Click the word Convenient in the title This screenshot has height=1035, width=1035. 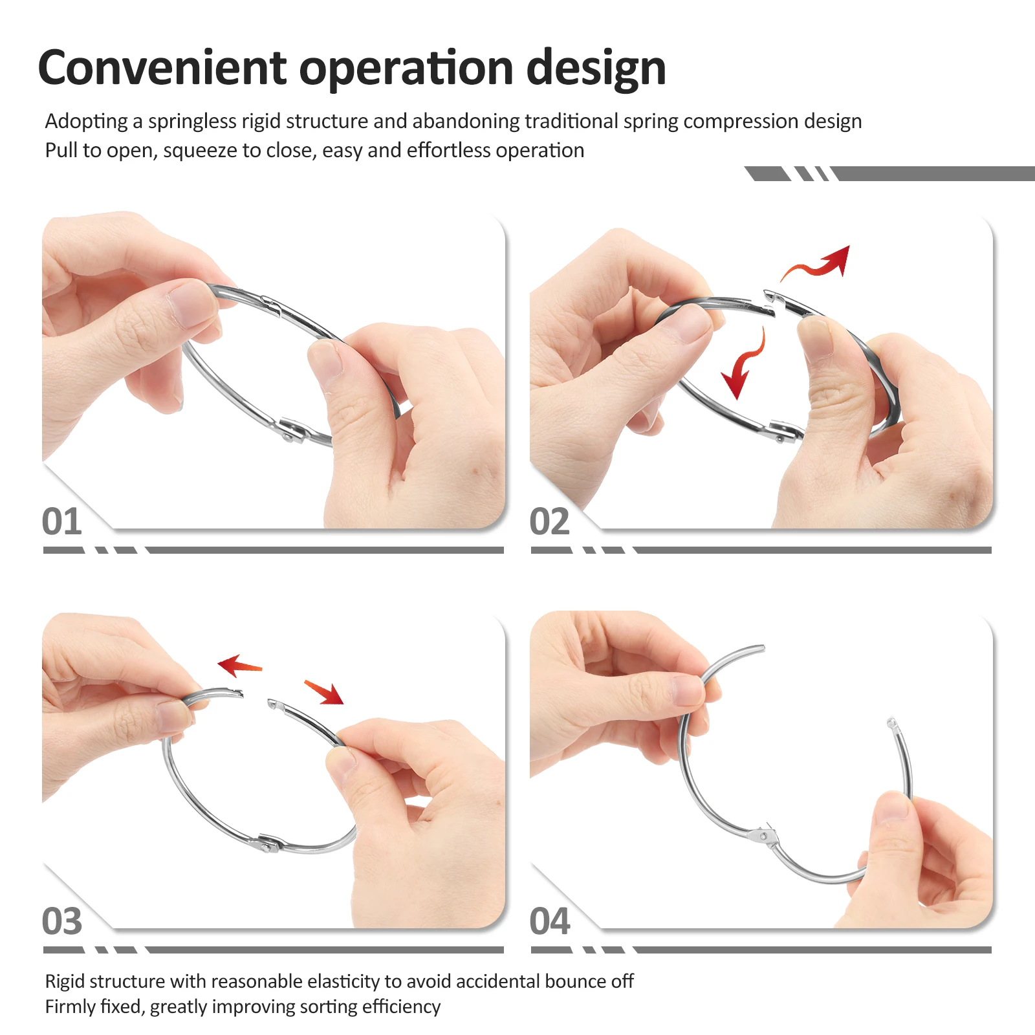[162, 67]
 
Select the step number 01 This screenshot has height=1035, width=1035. [62, 521]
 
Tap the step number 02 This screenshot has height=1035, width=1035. [550, 521]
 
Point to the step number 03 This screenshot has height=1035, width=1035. [62, 921]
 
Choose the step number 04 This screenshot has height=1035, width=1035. [550, 921]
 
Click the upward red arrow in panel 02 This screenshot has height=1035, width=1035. [816, 263]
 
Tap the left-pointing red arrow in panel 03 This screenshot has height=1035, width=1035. [239, 666]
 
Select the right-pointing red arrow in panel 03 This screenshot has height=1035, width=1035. [324, 692]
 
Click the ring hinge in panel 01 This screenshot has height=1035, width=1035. [292, 430]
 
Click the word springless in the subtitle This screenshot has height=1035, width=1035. [191, 122]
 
